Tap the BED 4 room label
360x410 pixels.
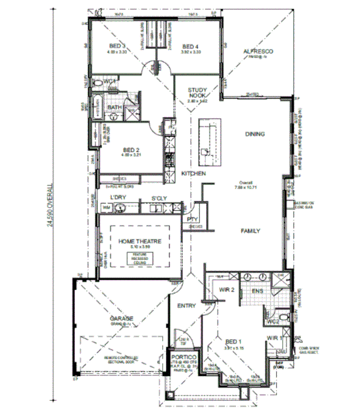click(190, 46)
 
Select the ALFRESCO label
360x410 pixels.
click(257, 52)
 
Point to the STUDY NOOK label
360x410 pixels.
click(197, 93)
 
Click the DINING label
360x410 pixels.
click(254, 134)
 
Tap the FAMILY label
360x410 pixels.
click(250, 231)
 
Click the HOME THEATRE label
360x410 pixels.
click(140, 241)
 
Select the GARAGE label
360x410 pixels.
click(122, 318)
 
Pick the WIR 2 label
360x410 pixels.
click(226, 290)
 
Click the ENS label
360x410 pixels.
click(257, 291)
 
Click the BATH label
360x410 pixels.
click(114, 107)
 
